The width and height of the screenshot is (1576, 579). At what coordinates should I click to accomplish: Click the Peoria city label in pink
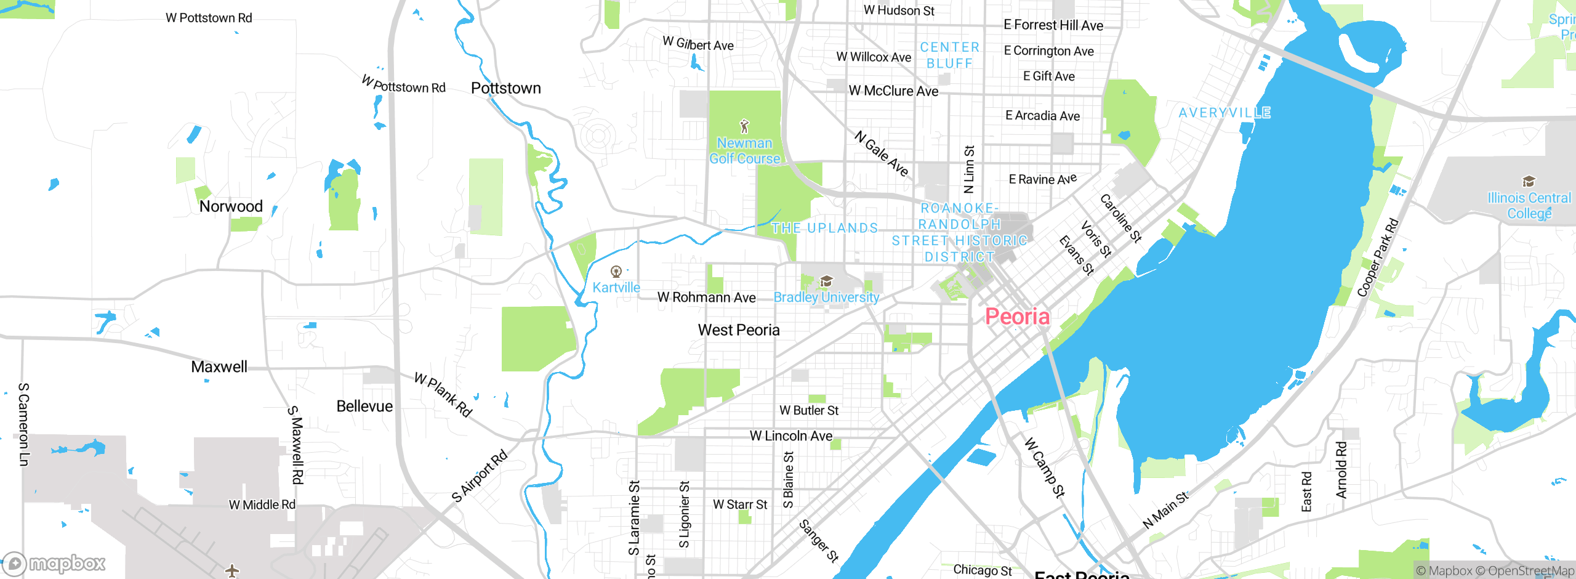coord(1017,317)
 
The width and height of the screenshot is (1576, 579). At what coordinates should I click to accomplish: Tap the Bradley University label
coord(826,298)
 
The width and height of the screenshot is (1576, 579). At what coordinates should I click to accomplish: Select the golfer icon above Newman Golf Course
coord(744,126)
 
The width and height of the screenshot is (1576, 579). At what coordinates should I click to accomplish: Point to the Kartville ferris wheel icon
coord(616,272)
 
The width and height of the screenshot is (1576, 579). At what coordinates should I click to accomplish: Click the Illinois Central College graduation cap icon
coord(1529,182)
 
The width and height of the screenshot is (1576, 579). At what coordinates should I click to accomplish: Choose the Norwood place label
coord(231,206)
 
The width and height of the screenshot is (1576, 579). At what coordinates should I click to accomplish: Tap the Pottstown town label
coord(505,88)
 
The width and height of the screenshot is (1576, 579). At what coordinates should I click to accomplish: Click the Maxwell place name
coord(219,367)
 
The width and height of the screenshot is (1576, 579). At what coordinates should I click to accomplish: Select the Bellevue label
coord(364,407)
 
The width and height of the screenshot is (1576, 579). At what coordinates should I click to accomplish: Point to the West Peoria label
coord(739,330)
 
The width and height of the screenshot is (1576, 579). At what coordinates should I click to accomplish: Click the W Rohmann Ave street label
coord(706,298)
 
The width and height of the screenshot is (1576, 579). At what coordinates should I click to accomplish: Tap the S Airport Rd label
coord(480,476)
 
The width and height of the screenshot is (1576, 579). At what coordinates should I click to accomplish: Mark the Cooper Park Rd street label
coord(1378,257)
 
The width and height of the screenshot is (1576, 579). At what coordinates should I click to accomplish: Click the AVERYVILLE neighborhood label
coord(1224,113)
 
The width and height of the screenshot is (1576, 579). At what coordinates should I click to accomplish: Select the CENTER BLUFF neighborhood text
coord(949,55)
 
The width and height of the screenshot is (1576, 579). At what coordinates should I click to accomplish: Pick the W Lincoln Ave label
coord(790,436)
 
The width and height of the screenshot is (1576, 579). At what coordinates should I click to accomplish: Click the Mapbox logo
coord(54,564)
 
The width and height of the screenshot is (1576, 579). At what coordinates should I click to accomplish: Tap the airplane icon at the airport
coord(232,570)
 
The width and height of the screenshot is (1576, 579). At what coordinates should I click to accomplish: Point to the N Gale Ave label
coord(882,153)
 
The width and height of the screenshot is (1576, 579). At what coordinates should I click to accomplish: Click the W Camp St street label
coord(1045,468)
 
